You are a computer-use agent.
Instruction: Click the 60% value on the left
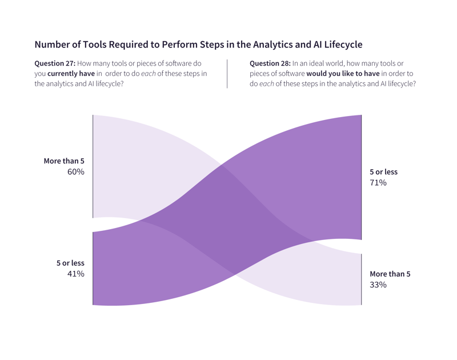coord(75,172)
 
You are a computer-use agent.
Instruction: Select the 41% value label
coord(75,274)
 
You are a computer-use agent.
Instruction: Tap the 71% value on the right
coord(378,183)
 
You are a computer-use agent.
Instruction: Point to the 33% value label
coord(378,285)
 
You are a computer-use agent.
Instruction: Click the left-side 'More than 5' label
coord(64,161)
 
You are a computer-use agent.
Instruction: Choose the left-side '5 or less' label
coord(70,263)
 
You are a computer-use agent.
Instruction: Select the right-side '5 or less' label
coord(383,172)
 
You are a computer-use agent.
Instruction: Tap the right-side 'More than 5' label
coord(390,274)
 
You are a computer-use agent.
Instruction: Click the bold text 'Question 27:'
coord(55,63)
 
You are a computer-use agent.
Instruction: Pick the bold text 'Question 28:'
coord(270,63)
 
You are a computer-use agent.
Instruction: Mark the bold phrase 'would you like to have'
coord(343,74)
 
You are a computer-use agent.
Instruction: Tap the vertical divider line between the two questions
coord(227,73)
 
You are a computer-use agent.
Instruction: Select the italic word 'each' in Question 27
coord(148,74)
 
